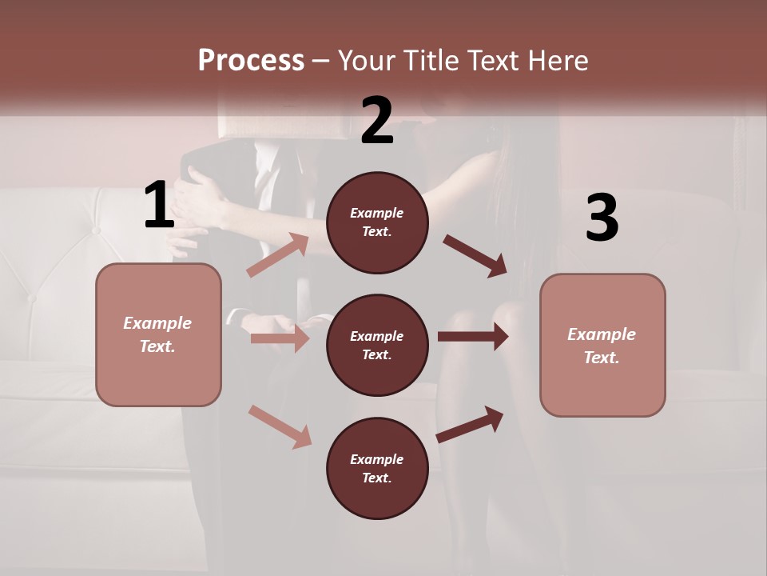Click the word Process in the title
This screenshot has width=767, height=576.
click(x=251, y=60)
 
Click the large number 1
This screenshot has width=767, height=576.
click(x=158, y=206)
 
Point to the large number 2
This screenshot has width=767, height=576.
click(x=377, y=121)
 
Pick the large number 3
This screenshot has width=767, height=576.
click(x=602, y=218)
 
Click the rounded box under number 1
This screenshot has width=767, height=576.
click(x=158, y=334)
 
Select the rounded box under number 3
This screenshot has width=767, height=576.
click(x=602, y=345)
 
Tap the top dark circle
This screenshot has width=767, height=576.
click(x=377, y=222)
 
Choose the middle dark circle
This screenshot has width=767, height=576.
click(x=377, y=345)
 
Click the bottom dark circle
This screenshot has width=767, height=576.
click(x=377, y=468)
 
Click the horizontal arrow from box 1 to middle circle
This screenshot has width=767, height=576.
click(x=279, y=338)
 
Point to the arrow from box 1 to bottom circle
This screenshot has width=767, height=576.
click(x=280, y=426)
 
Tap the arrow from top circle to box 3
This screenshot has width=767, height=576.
click(x=475, y=256)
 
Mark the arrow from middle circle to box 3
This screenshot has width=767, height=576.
click(x=472, y=337)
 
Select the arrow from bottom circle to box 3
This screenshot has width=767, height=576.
click(x=470, y=425)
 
